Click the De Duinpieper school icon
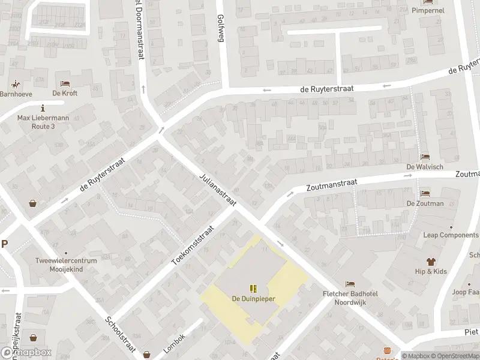[x=253, y=288]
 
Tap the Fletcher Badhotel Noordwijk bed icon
[x=350, y=284]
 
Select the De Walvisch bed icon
[x=425, y=157]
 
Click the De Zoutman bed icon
[x=425, y=194]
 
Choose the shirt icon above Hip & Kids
[x=431, y=262]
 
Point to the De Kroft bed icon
[x=65, y=83]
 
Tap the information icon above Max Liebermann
[x=43, y=108]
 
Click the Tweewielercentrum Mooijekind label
[x=66, y=265]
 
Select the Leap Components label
[x=451, y=235]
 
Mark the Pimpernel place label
[x=428, y=11]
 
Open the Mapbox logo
[x=26, y=353]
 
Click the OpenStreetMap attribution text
[x=455, y=356]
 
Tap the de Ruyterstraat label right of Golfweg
[x=327, y=88]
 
